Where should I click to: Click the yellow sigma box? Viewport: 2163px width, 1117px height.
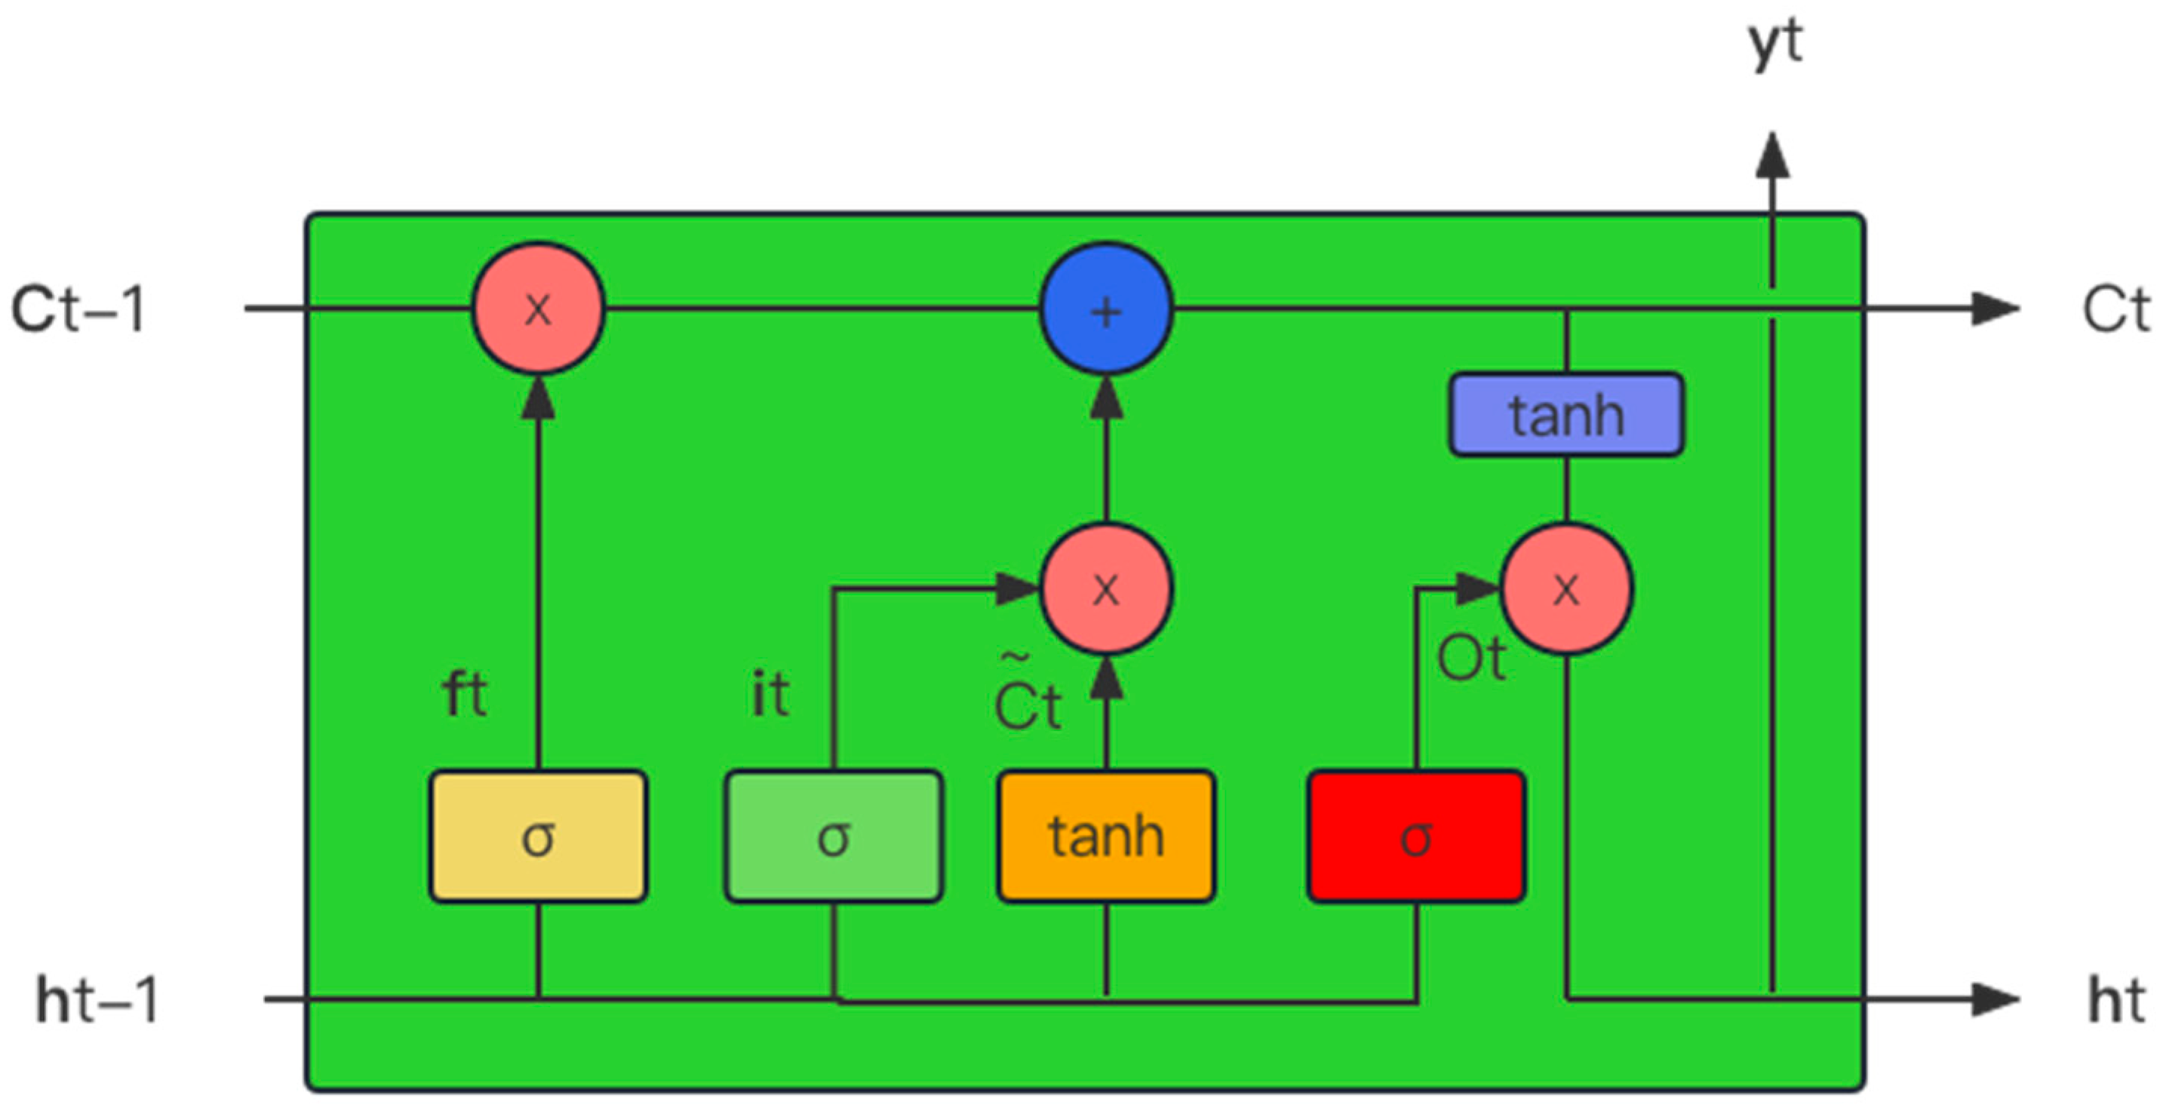(x=537, y=836)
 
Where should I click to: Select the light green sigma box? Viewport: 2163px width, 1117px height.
(x=833, y=836)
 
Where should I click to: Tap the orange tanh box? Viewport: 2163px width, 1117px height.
(x=1106, y=836)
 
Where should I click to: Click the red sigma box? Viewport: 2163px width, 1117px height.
(x=1417, y=836)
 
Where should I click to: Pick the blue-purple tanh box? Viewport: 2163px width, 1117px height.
(x=1566, y=415)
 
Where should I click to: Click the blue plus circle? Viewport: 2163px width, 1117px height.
(x=1106, y=308)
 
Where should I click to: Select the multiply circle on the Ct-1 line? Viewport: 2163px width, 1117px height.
(x=537, y=308)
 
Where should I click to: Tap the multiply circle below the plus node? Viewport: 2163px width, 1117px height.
(x=1106, y=588)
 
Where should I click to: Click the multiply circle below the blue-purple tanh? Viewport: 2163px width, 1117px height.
(x=1566, y=588)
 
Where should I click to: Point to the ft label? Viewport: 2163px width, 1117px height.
(x=464, y=694)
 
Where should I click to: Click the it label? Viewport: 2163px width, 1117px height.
(x=770, y=694)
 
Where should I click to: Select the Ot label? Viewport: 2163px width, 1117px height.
(x=1471, y=658)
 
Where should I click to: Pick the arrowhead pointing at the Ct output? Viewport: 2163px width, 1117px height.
(x=1994, y=308)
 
